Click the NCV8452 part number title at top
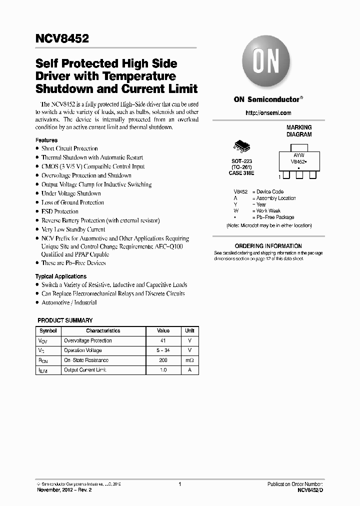[x=62, y=38]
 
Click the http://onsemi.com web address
[x=268, y=113]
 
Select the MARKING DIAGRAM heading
[x=298, y=131]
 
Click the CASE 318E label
[x=242, y=172]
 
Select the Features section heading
[x=46, y=140]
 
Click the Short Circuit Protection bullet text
[x=69, y=148]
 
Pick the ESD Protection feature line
[x=60, y=211]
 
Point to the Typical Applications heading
[x=60, y=276]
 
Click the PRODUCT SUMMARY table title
[x=65, y=320]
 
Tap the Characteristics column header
[x=103, y=331]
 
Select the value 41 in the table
[x=163, y=341]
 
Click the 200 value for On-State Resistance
[x=163, y=360]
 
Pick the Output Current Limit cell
[x=85, y=370]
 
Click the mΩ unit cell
[x=189, y=360]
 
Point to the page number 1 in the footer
[x=179, y=484]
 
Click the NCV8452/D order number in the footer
[x=310, y=490]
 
